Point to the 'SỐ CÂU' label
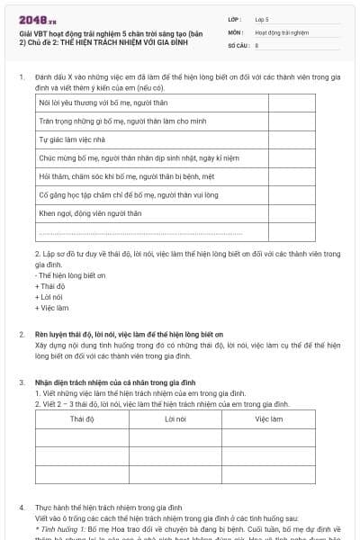coord(238,43)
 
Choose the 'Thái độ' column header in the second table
coord(83,418)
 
